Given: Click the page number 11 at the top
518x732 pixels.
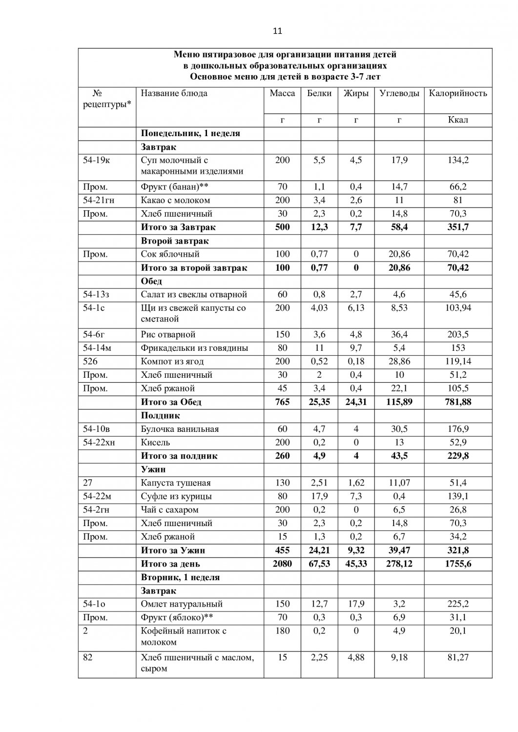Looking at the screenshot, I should pos(277,31).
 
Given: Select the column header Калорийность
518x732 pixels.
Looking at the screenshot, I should pos(457,93).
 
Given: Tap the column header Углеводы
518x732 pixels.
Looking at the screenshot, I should pos(399,93).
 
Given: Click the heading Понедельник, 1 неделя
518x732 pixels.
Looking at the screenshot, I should pos(190,133).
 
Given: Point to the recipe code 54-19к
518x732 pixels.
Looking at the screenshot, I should pos(97,160).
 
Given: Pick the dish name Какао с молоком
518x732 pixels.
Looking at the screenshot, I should pos(175,200).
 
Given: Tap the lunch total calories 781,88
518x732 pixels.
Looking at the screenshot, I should pos(457,402).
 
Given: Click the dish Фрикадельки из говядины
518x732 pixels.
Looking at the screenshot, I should pos(194,348).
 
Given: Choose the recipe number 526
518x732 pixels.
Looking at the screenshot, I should pos(90,362).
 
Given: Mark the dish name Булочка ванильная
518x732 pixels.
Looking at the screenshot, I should pos(180,429).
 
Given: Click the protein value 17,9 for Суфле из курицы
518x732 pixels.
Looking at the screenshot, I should pos(319,496).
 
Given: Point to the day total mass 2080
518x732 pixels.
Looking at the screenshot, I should pos(282,564).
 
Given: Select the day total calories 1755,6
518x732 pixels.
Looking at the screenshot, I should pos(457,564).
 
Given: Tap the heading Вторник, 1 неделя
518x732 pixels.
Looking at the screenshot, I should pos(180,577).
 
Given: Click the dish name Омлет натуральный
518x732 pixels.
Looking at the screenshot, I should pos(182,604).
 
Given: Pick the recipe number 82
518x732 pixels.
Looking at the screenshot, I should pos(87,657).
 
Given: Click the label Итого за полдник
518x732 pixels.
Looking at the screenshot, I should pos(179,456).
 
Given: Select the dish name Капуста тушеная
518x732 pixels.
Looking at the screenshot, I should pos(176,483).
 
